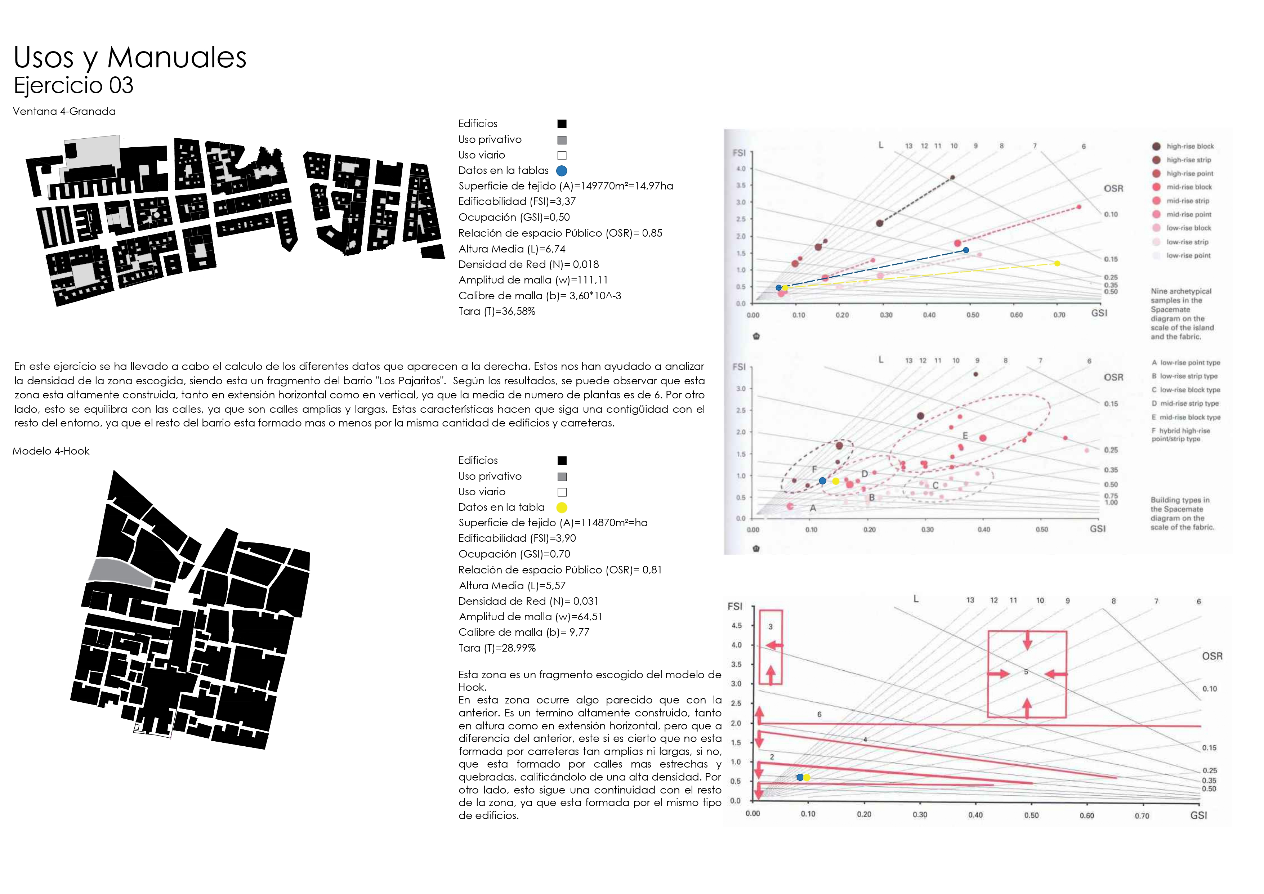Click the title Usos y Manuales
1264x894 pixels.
pos(130,57)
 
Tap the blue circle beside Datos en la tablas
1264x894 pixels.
pos(562,171)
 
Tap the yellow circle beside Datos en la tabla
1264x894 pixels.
pos(562,508)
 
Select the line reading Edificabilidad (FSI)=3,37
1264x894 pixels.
pos(517,201)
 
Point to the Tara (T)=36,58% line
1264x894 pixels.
pos(497,311)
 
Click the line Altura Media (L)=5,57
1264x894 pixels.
pos(512,586)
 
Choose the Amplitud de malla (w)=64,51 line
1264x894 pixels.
pos(530,617)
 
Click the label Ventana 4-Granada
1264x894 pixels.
pos(64,111)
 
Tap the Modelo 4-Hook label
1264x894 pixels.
pos(51,451)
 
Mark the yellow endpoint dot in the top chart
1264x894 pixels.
pos(1057,264)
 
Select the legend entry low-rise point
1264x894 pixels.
pos(1188,255)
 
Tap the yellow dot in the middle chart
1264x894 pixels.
pos(836,481)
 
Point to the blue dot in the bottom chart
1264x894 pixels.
pos(800,777)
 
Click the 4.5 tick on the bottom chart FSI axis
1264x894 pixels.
pos(737,625)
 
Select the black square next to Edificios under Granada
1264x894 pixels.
pos(562,124)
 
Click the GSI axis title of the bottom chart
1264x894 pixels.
pos(1198,815)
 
